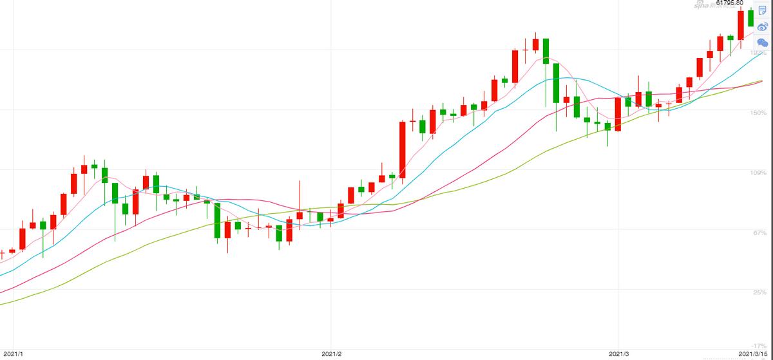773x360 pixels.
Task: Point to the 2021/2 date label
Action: pyautogui.click(x=330, y=354)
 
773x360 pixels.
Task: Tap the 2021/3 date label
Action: pyautogui.click(x=619, y=354)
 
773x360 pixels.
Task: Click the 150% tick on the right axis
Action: pyautogui.click(x=758, y=112)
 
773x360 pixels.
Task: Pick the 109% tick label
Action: pyautogui.click(x=758, y=173)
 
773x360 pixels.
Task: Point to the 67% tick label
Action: pyautogui.click(x=760, y=232)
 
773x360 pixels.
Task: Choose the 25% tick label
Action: pyautogui.click(x=760, y=292)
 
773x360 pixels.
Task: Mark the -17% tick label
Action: pyautogui.click(x=759, y=346)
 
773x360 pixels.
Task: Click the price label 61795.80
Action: pyautogui.click(x=729, y=3)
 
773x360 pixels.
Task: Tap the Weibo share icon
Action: pyautogui.click(x=763, y=26)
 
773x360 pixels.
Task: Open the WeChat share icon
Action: pyautogui.click(x=763, y=43)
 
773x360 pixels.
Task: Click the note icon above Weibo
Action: pyautogui.click(x=763, y=10)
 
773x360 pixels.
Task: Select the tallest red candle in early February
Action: pyautogui.click(x=403, y=149)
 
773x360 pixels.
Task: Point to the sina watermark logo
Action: pyautogui.click(x=709, y=5)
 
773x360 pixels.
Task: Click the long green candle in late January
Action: pyautogui.click(x=218, y=220)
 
